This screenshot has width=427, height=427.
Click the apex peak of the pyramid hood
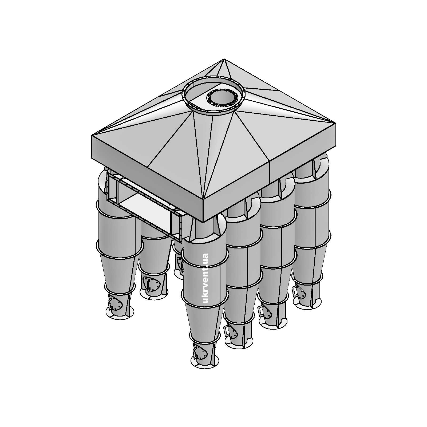click(224, 59)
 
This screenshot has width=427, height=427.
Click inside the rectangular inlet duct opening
click(144, 211)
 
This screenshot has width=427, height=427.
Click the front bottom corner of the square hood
click(203, 222)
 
